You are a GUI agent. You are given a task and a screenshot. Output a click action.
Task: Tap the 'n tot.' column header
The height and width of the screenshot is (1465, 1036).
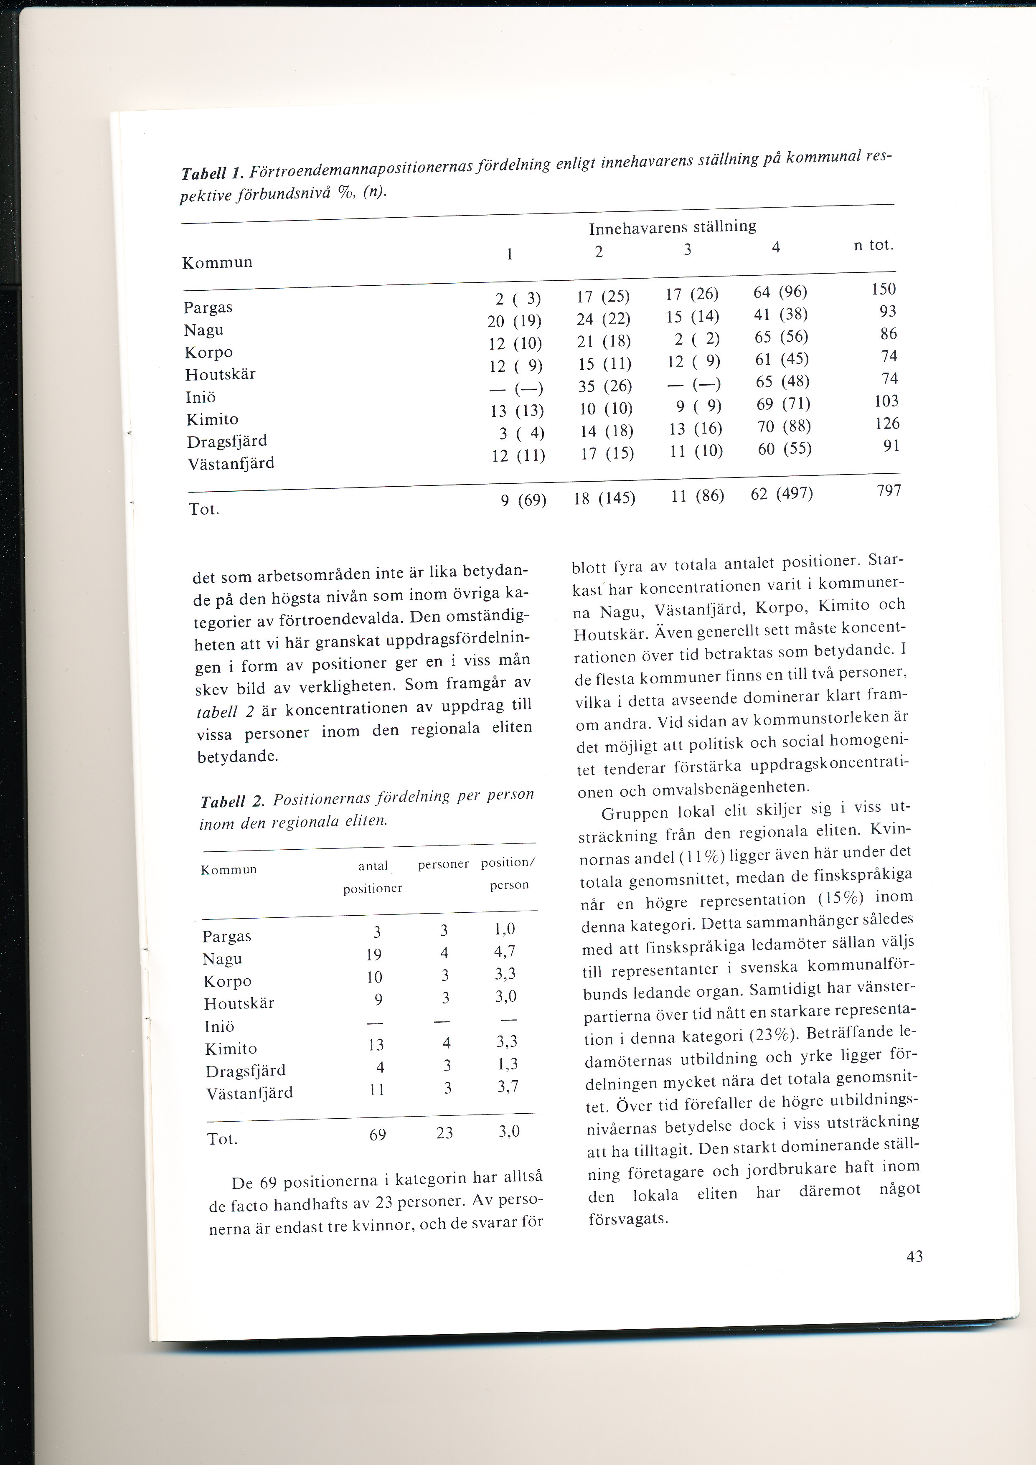[x=873, y=245]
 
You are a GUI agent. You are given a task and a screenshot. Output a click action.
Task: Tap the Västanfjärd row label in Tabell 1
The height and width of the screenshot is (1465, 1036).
[x=231, y=463]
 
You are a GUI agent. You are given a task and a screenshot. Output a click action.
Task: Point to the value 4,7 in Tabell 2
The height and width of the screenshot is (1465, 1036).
[x=505, y=952]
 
